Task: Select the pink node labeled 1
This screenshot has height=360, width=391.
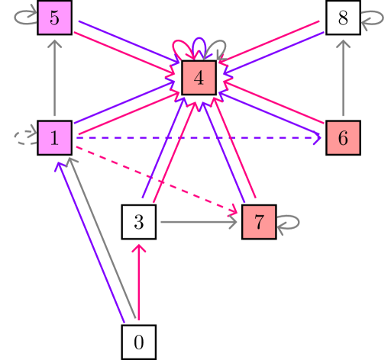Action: [x=55, y=138]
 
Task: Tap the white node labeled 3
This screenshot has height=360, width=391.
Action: [x=139, y=223]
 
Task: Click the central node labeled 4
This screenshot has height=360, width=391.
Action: [x=199, y=78]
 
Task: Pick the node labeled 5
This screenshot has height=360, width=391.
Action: [x=55, y=18]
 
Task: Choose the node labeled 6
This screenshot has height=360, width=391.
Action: [x=342, y=138]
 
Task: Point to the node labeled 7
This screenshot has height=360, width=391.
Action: [x=259, y=223]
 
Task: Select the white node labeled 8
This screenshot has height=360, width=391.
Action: [x=342, y=18]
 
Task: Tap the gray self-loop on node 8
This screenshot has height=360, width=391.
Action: [x=373, y=19]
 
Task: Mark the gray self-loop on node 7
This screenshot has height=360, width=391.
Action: [x=289, y=223]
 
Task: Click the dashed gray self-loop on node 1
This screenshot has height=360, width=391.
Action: [x=25, y=137]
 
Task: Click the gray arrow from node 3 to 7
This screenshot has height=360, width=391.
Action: [x=199, y=223]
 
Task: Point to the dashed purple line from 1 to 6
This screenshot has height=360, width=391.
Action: [x=199, y=139]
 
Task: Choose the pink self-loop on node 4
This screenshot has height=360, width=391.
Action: [x=184, y=47]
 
